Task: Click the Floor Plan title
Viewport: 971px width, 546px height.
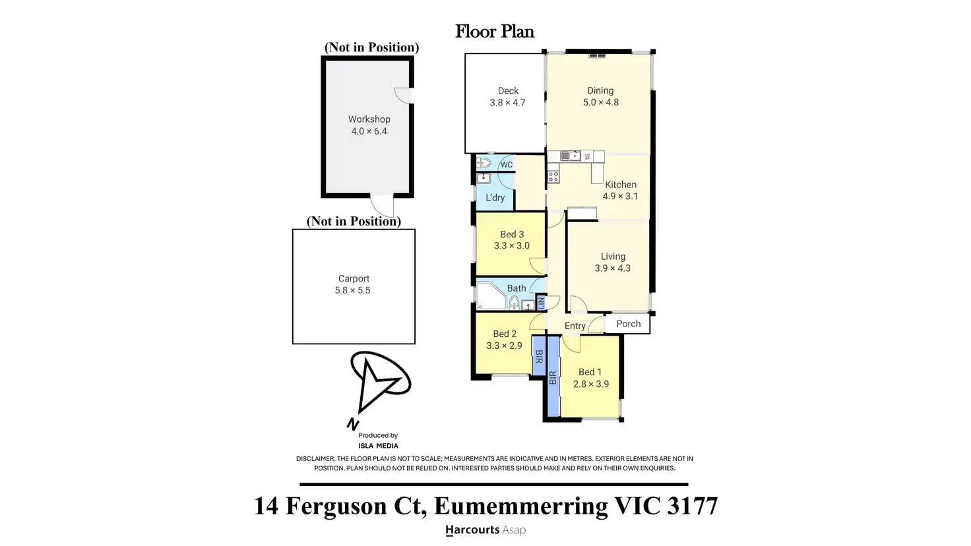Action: click(495, 31)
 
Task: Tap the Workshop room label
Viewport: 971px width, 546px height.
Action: click(369, 119)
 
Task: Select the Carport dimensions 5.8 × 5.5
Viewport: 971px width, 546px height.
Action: click(352, 290)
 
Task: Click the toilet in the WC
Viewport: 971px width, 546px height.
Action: click(484, 163)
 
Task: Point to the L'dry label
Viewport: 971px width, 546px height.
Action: click(495, 198)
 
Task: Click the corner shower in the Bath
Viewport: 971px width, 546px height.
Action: click(491, 297)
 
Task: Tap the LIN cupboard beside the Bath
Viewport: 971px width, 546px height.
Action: click(541, 302)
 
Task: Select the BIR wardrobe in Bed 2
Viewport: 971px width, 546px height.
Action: click(539, 356)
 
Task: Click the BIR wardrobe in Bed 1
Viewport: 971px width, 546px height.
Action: click(553, 377)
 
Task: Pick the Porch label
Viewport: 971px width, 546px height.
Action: click(628, 324)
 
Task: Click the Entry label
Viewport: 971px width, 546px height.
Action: click(575, 326)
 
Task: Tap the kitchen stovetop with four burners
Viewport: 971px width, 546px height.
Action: click(553, 176)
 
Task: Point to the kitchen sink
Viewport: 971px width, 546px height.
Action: click(570, 156)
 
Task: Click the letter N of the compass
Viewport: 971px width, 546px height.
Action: click(352, 424)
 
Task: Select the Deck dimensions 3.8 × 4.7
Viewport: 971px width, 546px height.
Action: click(508, 103)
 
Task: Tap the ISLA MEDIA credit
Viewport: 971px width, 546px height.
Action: click(378, 446)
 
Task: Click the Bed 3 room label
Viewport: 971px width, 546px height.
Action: click(512, 235)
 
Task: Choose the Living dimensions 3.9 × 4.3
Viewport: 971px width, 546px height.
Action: click(613, 268)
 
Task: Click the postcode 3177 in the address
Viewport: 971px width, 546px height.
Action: click(692, 506)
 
